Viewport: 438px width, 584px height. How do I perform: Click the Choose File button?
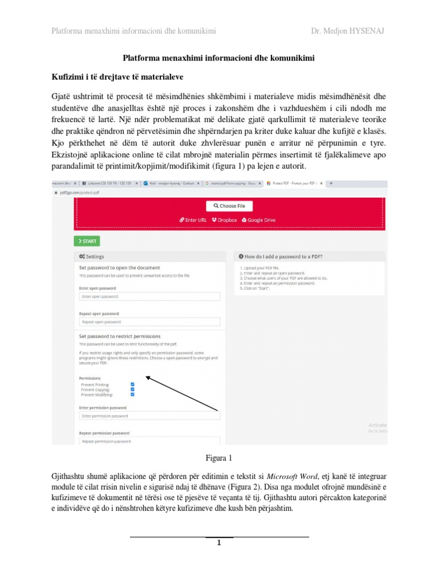pyautogui.click(x=229, y=206)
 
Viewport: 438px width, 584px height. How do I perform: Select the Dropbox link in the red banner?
pyautogui.click(x=224, y=219)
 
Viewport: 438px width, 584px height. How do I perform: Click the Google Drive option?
pyautogui.click(x=259, y=219)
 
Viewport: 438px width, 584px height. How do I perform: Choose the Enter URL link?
pyautogui.click(x=193, y=219)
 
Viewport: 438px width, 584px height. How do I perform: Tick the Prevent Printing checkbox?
pyautogui.click(x=132, y=384)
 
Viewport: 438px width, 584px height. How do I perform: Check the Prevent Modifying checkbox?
pyautogui.click(x=132, y=394)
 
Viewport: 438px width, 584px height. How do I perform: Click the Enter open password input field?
pyautogui.click(x=149, y=297)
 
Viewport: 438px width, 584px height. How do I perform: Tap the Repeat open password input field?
pyautogui.click(x=149, y=322)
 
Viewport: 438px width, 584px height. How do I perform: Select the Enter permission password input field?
pyautogui.click(x=149, y=416)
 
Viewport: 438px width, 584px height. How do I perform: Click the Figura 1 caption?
pyautogui.click(x=219, y=457)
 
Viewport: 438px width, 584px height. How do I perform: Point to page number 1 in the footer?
pyautogui.click(x=218, y=542)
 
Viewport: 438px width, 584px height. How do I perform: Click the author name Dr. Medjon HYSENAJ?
pyautogui.click(x=347, y=30)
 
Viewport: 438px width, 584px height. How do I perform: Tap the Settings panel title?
pyautogui.click(x=92, y=257)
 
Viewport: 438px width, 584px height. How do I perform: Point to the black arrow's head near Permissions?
pyautogui.click(x=147, y=376)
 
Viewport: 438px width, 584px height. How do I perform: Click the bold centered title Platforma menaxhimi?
pyautogui.click(x=219, y=58)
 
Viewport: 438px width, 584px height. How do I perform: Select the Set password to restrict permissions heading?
pyautogui.click(x=120, y=336)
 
